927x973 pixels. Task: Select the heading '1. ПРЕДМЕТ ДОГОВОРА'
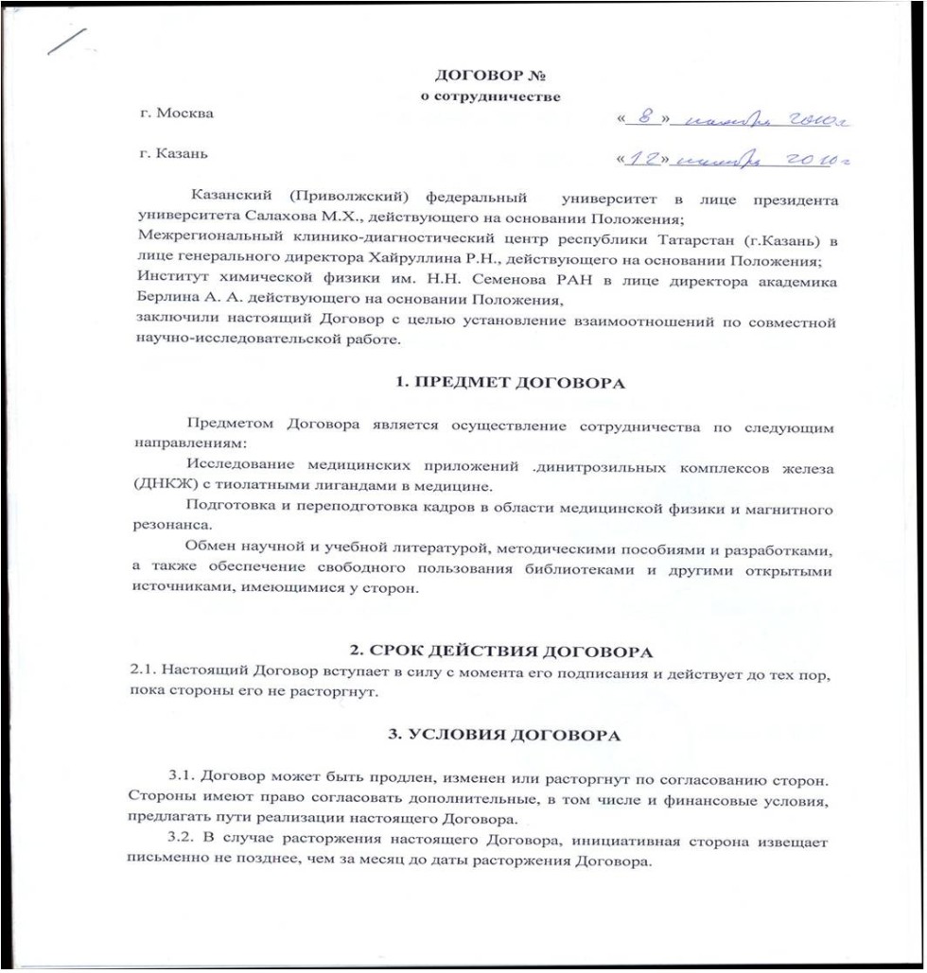509,385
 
